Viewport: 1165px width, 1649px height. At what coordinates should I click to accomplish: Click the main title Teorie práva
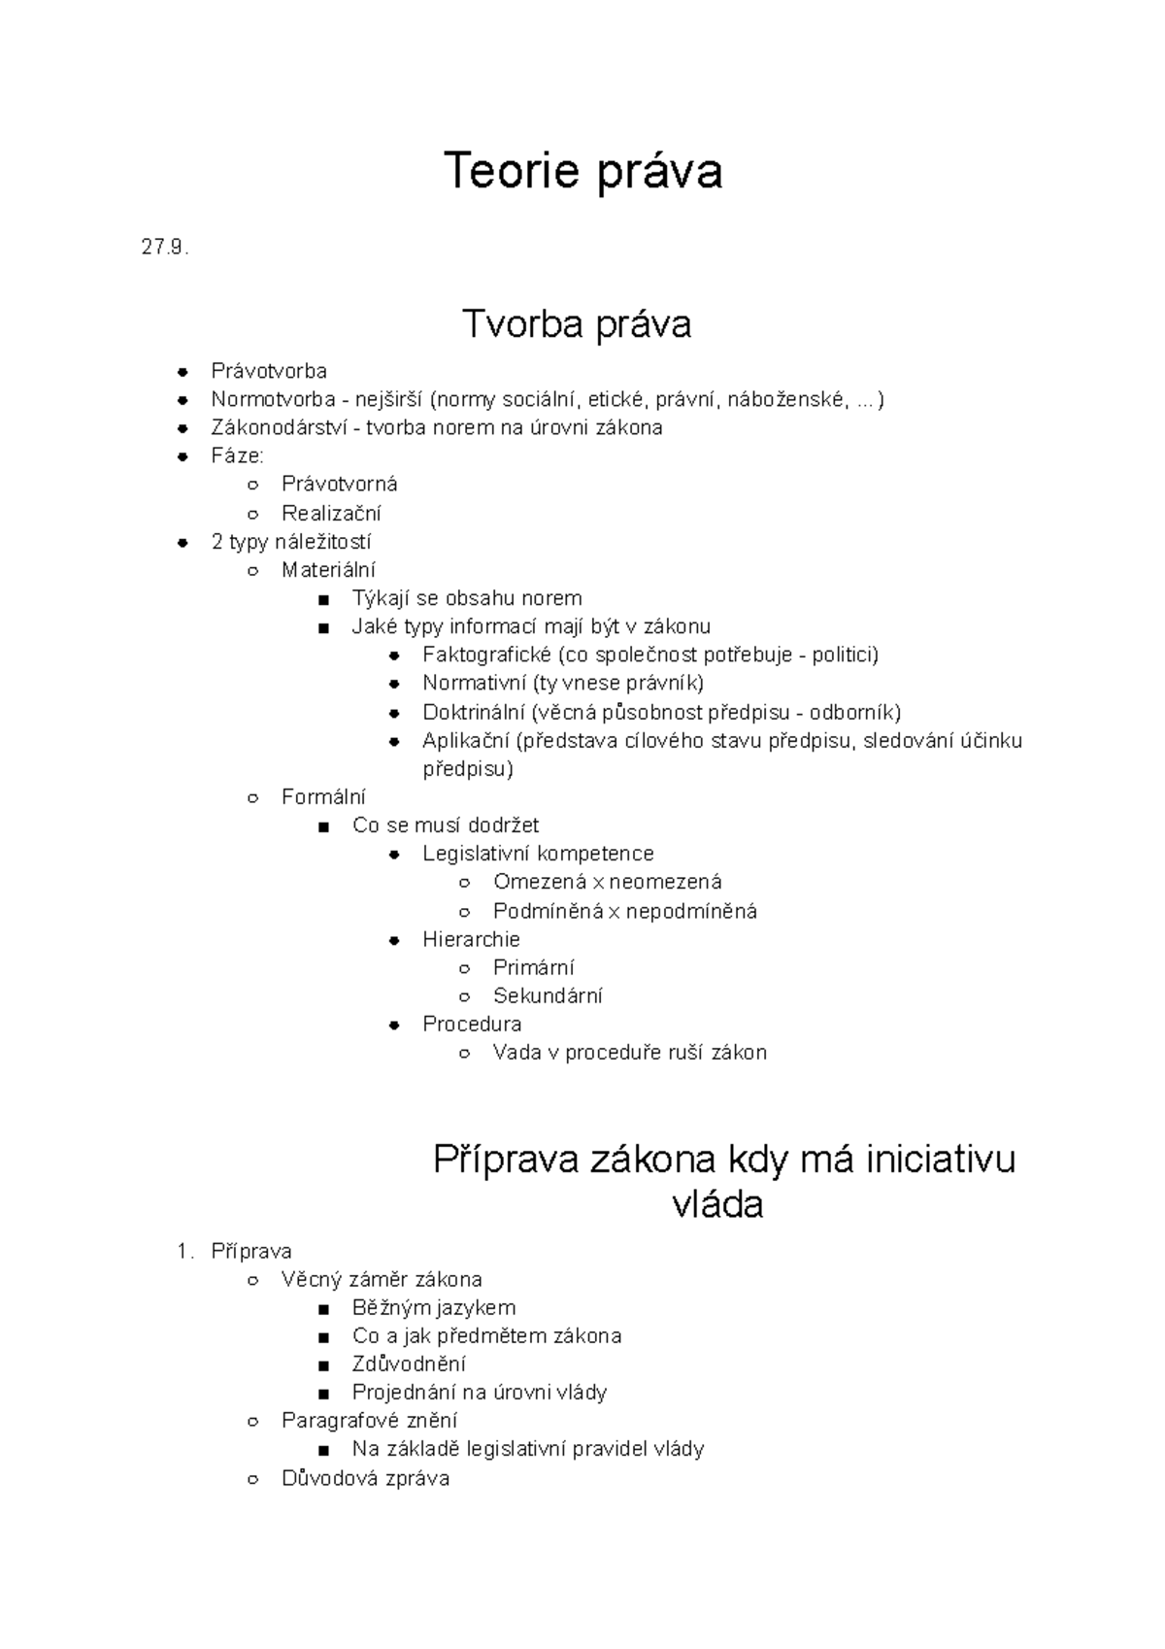click(582, 172)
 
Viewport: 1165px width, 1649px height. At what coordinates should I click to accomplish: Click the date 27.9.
click(164, 248)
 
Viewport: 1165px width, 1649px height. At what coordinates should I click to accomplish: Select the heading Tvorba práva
click(577, 323)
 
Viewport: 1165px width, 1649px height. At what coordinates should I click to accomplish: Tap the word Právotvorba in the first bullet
click(269, 371)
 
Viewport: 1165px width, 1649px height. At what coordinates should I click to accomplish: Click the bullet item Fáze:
click(237, 455)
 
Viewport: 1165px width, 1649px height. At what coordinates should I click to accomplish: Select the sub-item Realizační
click(331, 513)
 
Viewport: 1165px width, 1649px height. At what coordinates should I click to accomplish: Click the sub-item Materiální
click(328, 570)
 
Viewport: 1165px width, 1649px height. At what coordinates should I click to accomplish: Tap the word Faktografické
click(486, 655)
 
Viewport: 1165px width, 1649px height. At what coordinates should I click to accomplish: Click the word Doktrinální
click(473, 712)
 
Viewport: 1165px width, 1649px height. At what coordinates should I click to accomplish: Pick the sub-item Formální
click(323, 797)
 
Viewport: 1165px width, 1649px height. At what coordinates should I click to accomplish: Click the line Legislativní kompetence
click(538, 854)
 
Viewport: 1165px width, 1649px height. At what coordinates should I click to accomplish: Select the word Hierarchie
click(471, 939)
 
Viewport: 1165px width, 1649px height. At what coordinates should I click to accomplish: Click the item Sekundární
click(548, 995)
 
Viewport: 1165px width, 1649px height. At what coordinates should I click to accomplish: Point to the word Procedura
click(472, 1024)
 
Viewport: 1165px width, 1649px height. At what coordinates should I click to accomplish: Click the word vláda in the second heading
click(717, 1204)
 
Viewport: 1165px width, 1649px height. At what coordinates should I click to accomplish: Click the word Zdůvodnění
click(409, 1363)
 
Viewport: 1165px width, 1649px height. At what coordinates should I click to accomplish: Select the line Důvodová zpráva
click(365, 1478)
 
